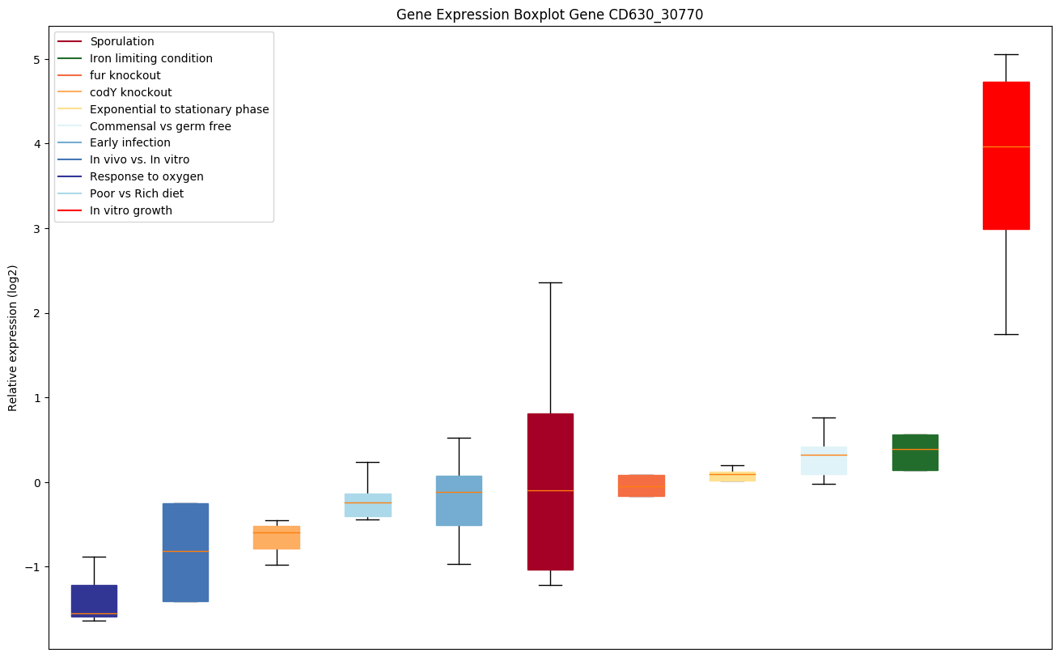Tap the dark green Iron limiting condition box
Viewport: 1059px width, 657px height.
[915, 452]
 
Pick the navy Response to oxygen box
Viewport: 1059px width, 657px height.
[94, 600]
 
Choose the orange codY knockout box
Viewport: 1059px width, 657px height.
[277, 537]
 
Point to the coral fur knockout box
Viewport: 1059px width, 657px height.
[642, 485]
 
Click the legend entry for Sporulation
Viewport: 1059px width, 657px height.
[122, 41]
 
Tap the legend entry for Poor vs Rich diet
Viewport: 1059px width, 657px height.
[137, 193]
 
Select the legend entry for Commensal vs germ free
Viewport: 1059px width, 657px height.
[160, 126]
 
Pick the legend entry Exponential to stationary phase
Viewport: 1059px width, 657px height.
[179, 109]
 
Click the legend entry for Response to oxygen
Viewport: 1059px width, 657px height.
[146, 176]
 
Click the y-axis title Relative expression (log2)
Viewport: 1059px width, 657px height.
[13, 338]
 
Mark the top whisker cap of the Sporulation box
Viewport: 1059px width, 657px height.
[550, 282]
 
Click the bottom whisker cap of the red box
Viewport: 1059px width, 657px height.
[1006, 334]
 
